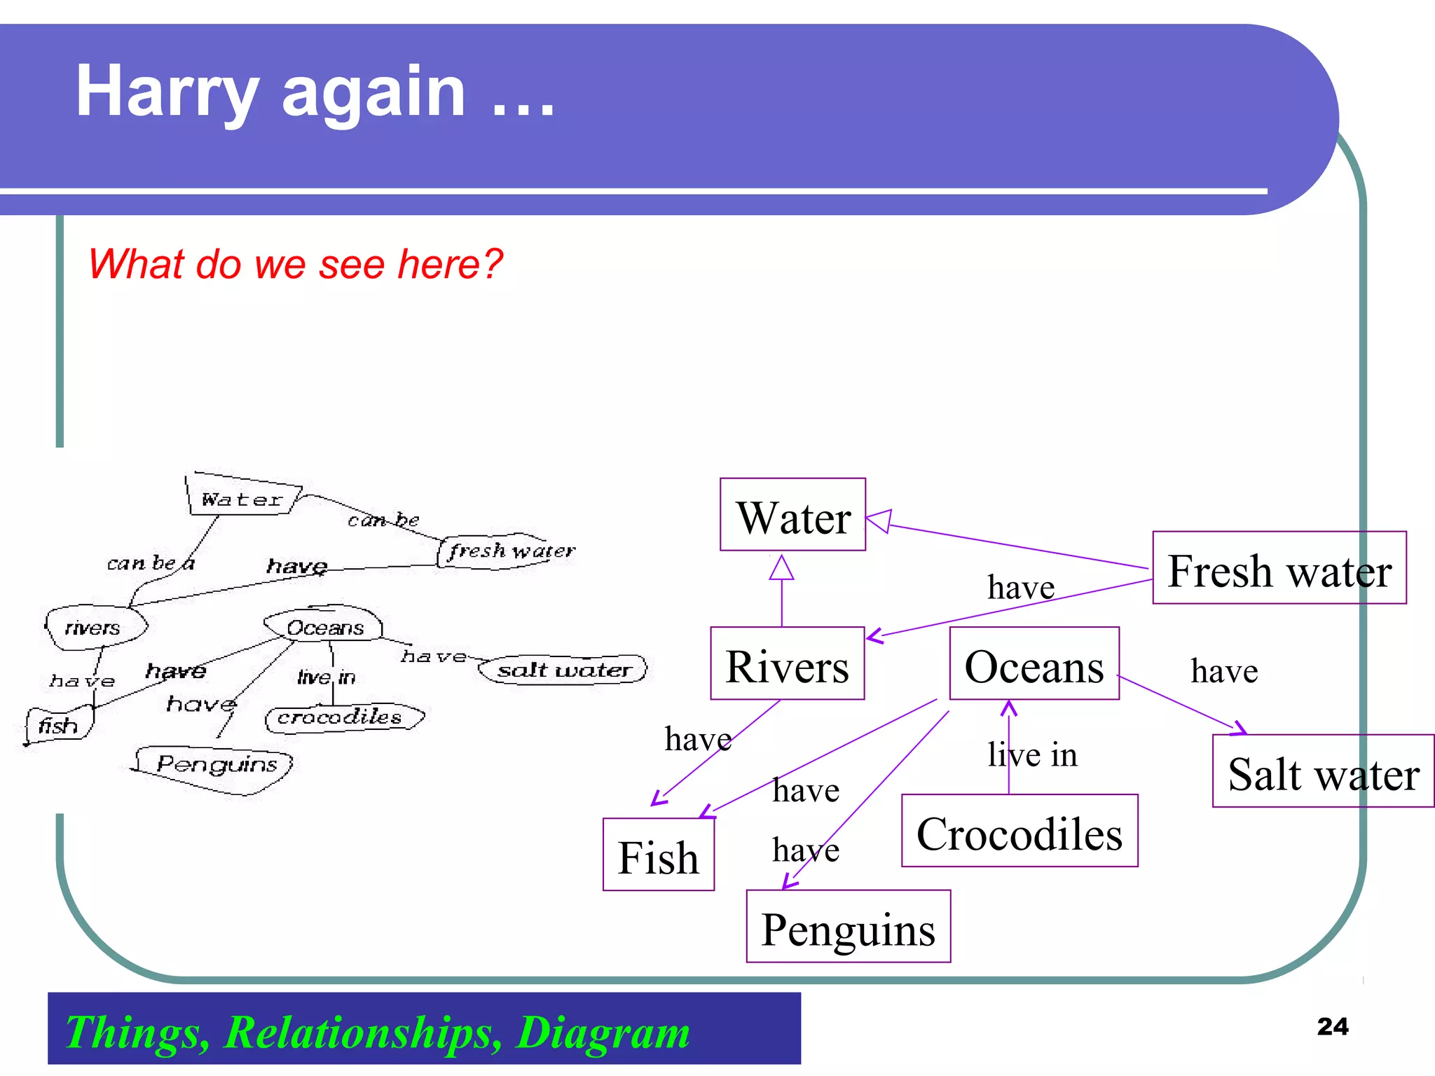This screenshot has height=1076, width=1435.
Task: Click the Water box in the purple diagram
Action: tap(792, 516)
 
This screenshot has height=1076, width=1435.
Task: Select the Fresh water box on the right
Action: tap(1279, 568)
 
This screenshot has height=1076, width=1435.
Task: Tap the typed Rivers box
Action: tap(787, 664)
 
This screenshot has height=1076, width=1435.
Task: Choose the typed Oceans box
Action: tap(1034, 664)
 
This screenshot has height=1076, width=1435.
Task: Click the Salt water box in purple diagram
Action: tap(1323, 771)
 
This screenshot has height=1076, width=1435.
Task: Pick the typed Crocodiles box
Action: tap(1019, 832)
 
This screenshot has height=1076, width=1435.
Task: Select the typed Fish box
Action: tap(658, 855)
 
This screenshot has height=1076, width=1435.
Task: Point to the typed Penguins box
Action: tap(848, 927)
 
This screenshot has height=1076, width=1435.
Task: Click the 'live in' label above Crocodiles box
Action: tap(1032, 754)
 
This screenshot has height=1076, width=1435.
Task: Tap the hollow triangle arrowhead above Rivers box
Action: tap(781, 568)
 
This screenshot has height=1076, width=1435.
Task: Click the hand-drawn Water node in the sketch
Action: tap(242, 498)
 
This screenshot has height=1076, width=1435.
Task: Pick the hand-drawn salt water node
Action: tap(563, 670)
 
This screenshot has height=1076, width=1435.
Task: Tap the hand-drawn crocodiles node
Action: tap(341, 717)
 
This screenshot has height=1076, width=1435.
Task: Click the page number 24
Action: tap(1332, 1026)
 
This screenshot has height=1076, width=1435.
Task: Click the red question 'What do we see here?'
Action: tap(295, 264)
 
